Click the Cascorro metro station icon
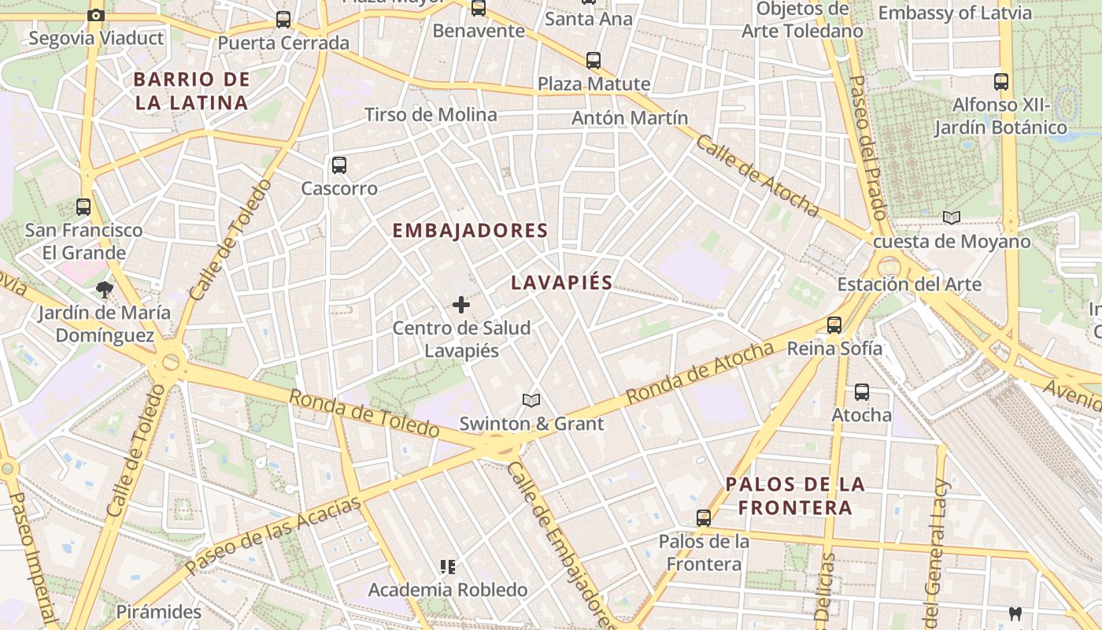(x=339, y=165)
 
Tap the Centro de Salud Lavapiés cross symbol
(x=461, y=305)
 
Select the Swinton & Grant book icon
(x=531, y=401)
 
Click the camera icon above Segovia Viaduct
(x=96, y=15)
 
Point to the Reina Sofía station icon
(x=834, y=324)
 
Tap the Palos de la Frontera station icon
(x=704, y=518)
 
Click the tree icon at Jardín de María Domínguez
(x=104, y=290)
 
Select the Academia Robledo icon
(x=448, y=566)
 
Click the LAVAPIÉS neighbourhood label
(x=561, y=283)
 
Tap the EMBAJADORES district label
(x=470, y=231)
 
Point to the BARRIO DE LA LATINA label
(x=191, y=91)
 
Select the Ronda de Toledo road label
(x=364, y=413)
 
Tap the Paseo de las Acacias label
(x=273, y=535)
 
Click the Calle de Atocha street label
(x=757, y=176)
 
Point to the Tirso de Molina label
(x=431, y=115)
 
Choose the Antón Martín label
(x=630, y=118)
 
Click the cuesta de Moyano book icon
(x=952, y=217)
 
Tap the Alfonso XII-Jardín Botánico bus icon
(x=1000, y=81)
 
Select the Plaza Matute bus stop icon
(x=594, y=60)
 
